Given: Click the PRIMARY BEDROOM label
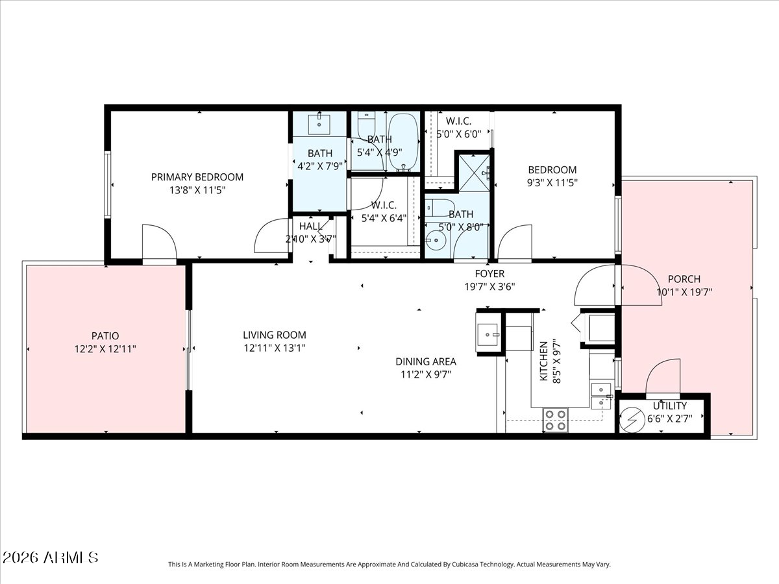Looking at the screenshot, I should pyautogui.click(x=197, y=177).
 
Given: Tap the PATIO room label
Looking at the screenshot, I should pyautogui.click(x=105, y=336).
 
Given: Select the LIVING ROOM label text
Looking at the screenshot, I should pyautogui.click(x=275, y=335).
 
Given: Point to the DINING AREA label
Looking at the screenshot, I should pyautogui.click(x=426, y=361).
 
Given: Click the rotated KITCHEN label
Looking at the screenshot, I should pyautogui.click(x=544, y=361).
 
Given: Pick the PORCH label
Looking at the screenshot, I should pyautogui.click(x=684, y=279).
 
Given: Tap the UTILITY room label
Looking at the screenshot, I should pyautogui.click(x=670, y=406).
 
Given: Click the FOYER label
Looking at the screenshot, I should pyautogui.click(x=489, y=274).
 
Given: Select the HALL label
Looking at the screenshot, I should pyautogui.click(x=310, y=226).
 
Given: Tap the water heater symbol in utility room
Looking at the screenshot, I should pyautogui.click(x=630, y=419).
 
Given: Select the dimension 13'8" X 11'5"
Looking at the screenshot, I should pyautogui.click(x=197, y=191).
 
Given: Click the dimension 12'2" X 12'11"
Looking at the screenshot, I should pyautogui.click(x=105, y=349).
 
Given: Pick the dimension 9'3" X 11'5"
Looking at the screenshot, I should pyautogui.click(x=552, y=183).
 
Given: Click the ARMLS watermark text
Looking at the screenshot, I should pyautogui.click(x=51, y=557).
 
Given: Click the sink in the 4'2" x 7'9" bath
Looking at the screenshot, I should pyautogui.click(x=320, y=121).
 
